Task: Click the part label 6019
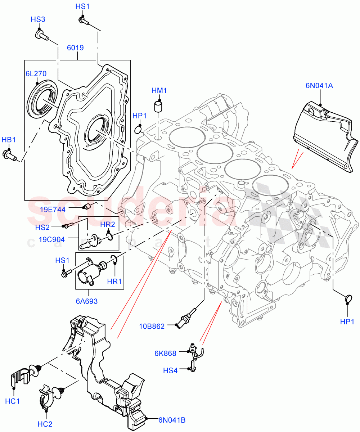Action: (75, 47)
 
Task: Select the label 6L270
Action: (36, 74)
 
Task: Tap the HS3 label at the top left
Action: (38, 19)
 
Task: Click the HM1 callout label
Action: (159, 90)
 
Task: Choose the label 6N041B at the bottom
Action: (172, 419)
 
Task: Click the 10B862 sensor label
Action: (152, 327)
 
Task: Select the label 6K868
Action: (166, 353)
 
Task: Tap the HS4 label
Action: (170, 370)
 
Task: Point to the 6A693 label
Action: (87, 301)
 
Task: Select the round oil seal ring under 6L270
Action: (42, 99)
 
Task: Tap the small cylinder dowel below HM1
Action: (158, 107)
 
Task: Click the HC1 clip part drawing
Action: (22, 374)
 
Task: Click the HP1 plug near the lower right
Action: (348, 298)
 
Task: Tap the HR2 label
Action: (107, 224)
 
